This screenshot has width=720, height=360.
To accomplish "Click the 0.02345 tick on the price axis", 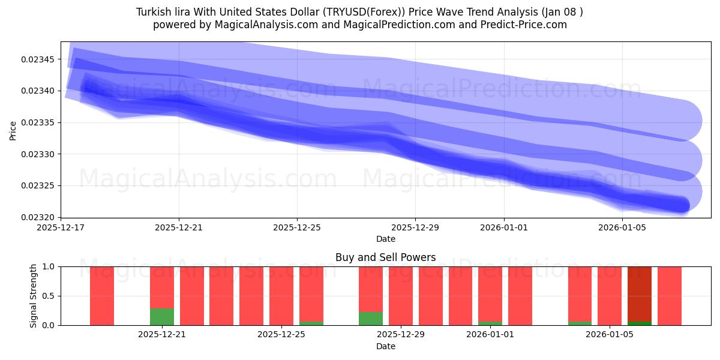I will pyautogui.click(x=37, y=59).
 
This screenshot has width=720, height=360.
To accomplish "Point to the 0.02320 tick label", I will pyautogui.click(x=37, y=217).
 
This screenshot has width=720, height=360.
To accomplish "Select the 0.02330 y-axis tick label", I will pyautogui.click(x=37, y=154).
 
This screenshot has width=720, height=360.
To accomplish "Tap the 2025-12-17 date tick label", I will pyautogui.click(x=61, y=227).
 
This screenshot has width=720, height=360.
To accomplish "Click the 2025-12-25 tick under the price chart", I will pyautogui.click(x=297, y=227).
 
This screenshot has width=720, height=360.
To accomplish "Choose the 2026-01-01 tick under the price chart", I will pyautogui.click(x=503, y=227).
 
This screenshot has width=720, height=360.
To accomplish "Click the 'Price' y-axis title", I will pyautogui.click(x=13, y=130).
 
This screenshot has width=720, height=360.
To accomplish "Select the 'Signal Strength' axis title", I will pyautogui.click(x=34, y=296).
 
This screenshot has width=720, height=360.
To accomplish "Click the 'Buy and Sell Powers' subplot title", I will pyautogui.click(x=385, y=257).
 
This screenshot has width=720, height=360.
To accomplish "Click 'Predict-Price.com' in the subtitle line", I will pyautogui.click(x=526, y=25).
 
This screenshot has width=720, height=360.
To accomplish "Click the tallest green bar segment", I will pyautogui.click(x=161, y=317).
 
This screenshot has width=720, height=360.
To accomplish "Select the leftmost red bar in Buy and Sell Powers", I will pyautogui.click(x=102, y=296).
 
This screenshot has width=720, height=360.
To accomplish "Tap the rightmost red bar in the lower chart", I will pyautogui.click(x=670, y=296).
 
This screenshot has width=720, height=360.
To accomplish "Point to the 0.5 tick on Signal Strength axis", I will pyautogui.click(x=47, y=296).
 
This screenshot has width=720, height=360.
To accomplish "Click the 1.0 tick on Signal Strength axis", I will pyautogui.click(x=47, y=266).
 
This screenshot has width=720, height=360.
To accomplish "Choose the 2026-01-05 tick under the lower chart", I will pyautogui.click(x=610, y=335).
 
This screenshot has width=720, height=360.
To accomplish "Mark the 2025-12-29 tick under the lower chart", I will pyautogui.click(x=401, y=335).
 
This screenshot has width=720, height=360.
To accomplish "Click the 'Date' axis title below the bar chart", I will pyautogui.click(x=385, y=346).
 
